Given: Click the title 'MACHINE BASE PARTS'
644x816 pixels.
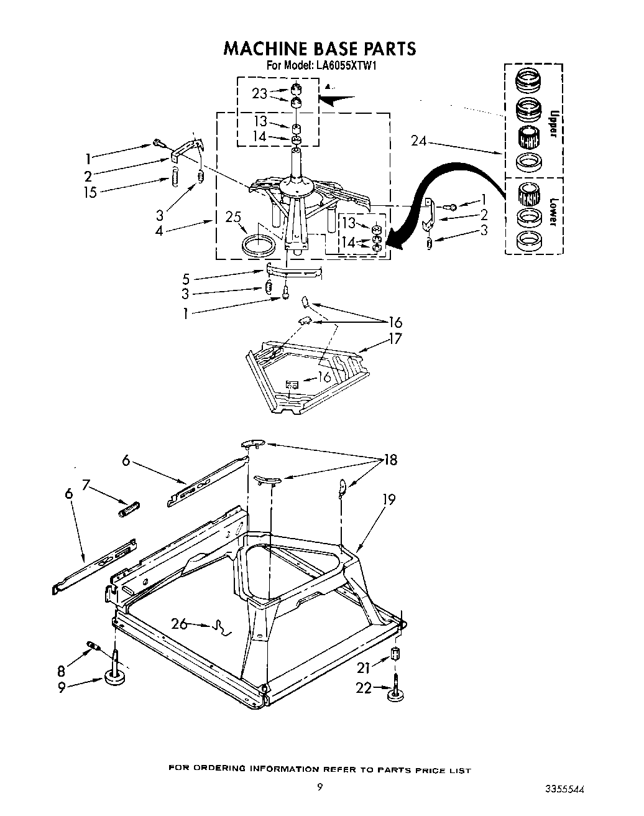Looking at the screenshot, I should pyautogui.click(x=320, y=48).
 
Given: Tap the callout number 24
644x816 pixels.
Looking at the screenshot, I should pyautogui.click(x=418, y=141).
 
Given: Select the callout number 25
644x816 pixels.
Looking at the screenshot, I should pyautogui.click(x=233, y=217).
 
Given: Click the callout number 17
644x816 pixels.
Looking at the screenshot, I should pyautogui.click(x=395, y=339).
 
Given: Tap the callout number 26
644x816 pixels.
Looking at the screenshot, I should pyautogui.click(x=179, y=623).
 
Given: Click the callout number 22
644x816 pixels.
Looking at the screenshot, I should pyautogui.click(x=364, y=687).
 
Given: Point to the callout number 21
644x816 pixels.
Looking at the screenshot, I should pyautogui.click(x=364, y=667).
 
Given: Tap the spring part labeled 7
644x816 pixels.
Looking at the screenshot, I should pyautogui.click(x=129, y=508).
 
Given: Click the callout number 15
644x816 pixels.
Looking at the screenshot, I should pyautogui.click(x=90, y=192).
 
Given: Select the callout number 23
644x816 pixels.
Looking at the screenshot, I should pyautogui.click(x=259, y=93).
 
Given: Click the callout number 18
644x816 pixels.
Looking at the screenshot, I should pyautogui.click(x=390, y=460).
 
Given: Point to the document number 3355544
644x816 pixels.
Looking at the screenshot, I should pyautogui.click(x=565, y=789).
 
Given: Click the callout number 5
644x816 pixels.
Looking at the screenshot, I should pyautogui.click(x=186, y=279).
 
